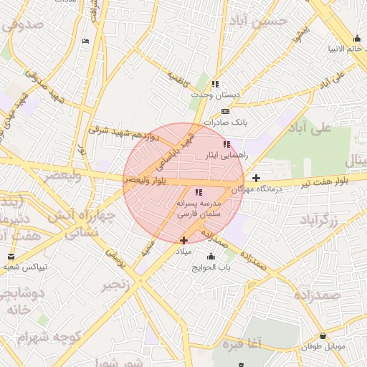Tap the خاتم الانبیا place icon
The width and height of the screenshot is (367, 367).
click(357, 39)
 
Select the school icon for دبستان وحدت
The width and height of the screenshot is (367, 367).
click(215, 84)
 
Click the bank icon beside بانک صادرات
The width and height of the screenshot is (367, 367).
click(226, 112)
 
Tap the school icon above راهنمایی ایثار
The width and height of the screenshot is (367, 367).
click(227, 144)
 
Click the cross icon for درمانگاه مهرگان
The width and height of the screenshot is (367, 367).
click(256, 177)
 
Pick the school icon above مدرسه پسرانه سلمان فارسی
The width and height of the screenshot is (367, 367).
click(199, 192)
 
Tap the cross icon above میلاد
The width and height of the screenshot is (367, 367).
click(184, 240)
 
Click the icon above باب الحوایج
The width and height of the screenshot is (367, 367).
click(211, 257)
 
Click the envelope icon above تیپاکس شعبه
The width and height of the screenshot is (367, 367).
click(11, 256)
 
